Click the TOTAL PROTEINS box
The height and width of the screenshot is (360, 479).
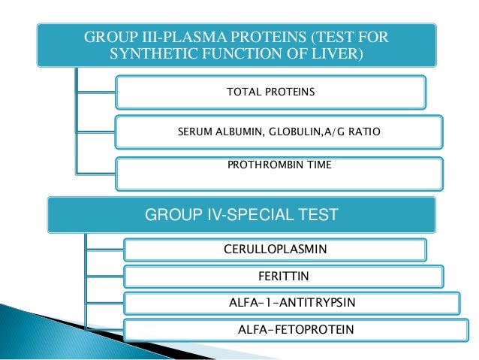click(270, 92)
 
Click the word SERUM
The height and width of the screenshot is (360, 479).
click(194, 132)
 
